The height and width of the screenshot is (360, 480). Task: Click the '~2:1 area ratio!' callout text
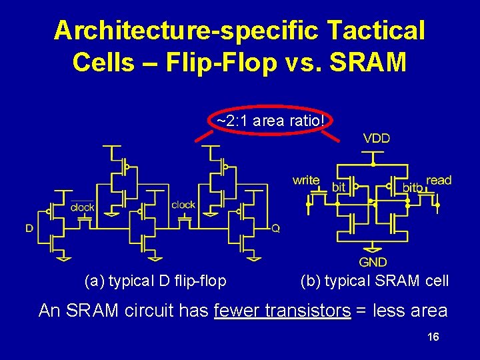271,121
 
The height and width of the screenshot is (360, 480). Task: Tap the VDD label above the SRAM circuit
376,139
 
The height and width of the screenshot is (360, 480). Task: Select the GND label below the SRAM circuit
373,262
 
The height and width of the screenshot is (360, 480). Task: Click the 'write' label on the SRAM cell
306,180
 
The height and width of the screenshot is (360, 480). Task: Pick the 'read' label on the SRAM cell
439,180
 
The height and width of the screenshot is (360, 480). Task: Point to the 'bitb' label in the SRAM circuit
412,189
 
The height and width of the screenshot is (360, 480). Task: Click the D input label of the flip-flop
29,228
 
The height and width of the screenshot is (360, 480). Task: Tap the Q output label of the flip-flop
275,228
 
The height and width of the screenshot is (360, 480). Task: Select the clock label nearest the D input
82,207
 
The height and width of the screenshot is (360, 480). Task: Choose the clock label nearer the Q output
183,205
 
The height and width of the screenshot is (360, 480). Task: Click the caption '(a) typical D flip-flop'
155,281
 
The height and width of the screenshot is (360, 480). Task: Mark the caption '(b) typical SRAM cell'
375,281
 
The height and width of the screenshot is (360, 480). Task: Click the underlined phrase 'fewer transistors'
283,310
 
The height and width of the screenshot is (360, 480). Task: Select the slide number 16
433,337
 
